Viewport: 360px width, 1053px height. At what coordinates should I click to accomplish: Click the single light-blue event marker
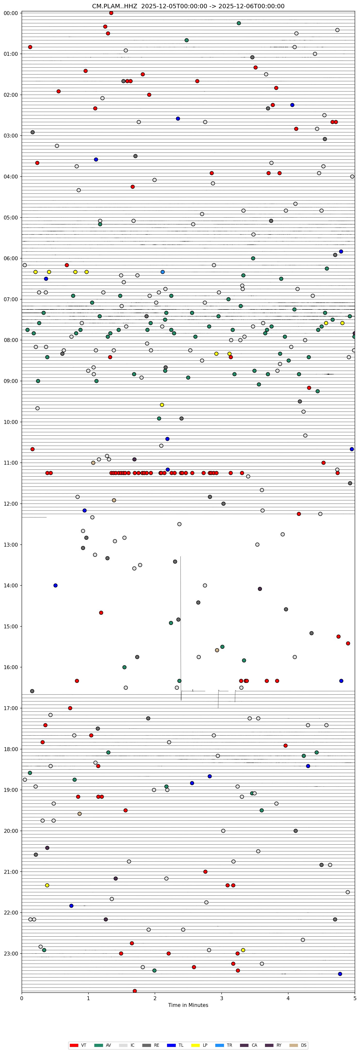(163, 272)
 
